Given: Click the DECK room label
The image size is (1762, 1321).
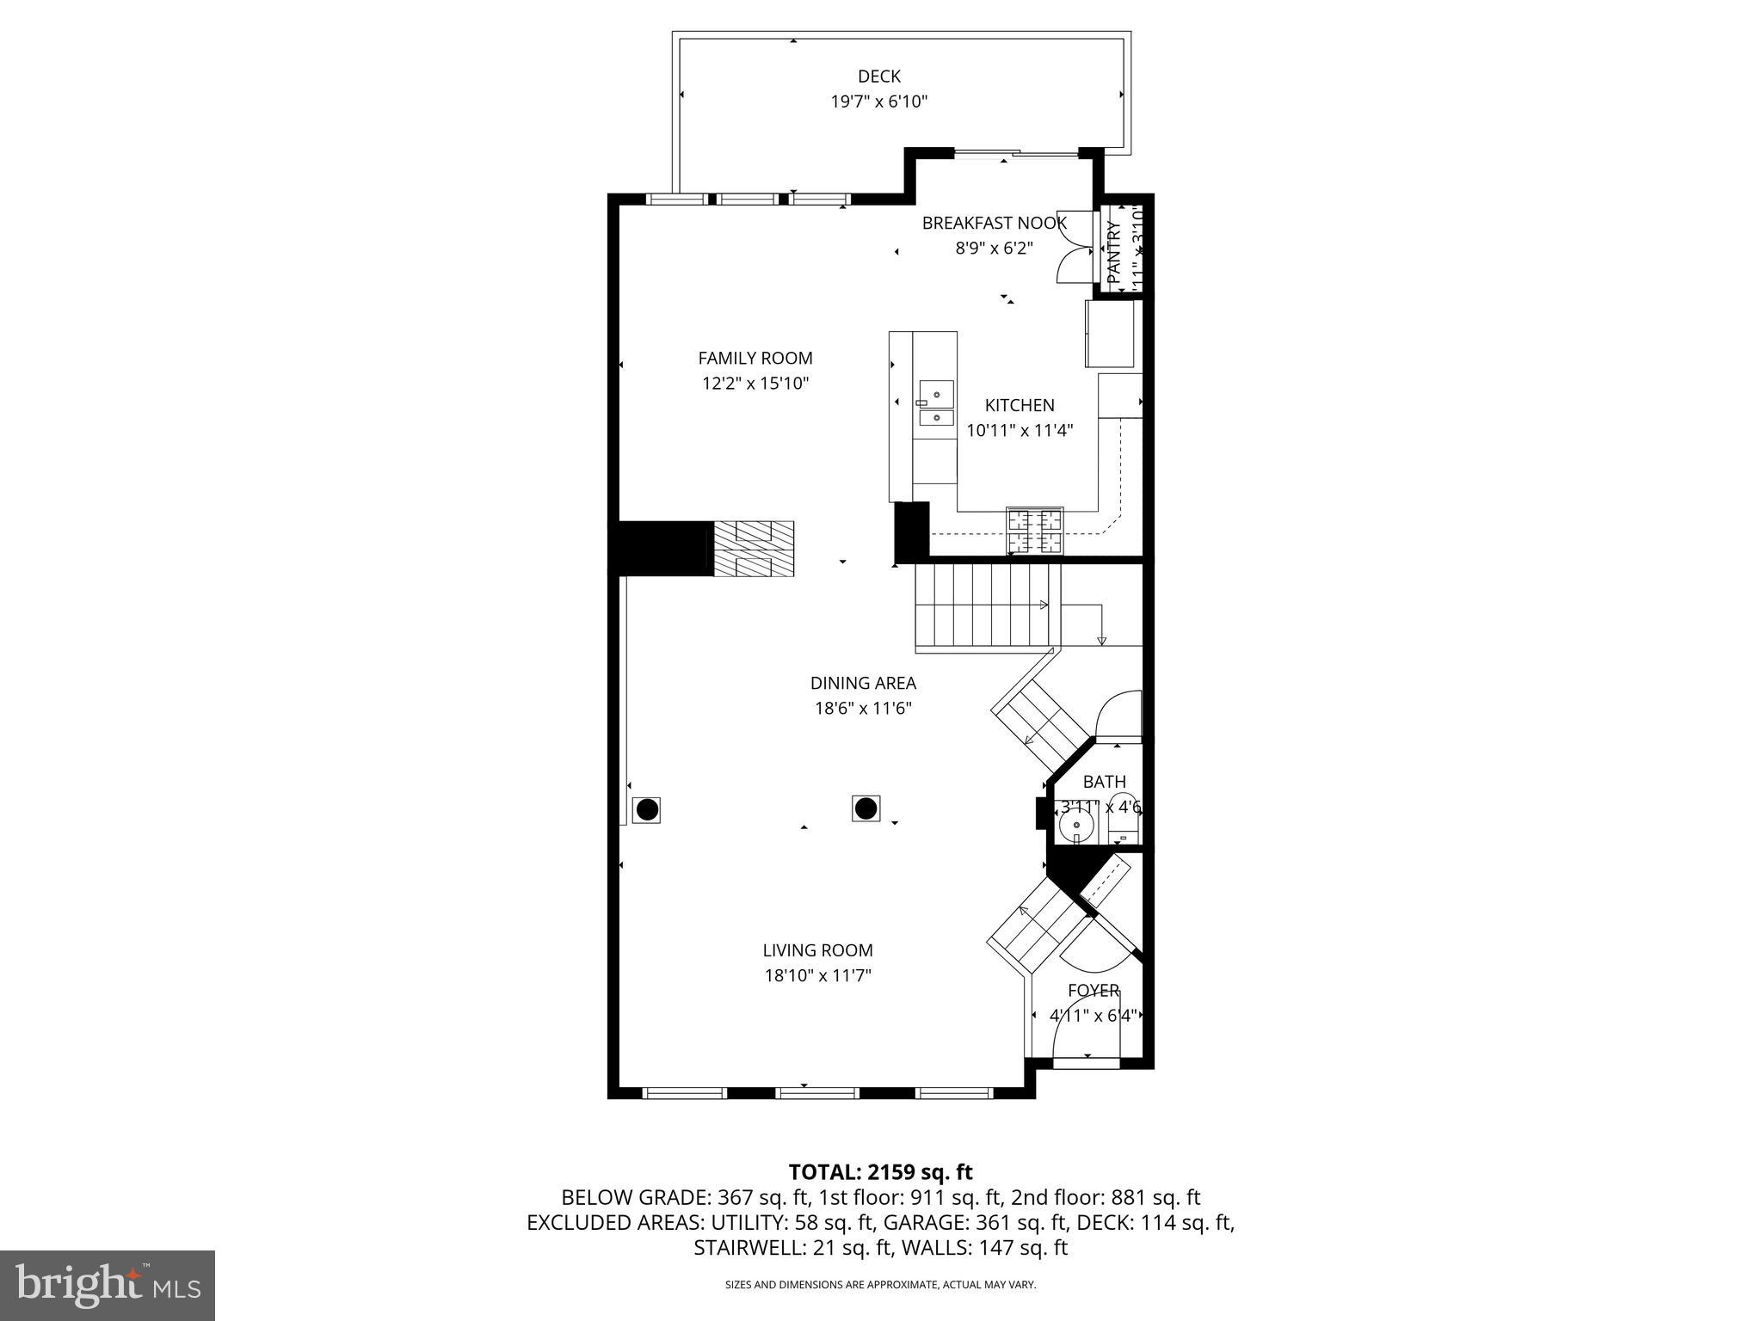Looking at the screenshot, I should [878, 77].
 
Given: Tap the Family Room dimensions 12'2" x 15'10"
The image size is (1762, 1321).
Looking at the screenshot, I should [755, 384].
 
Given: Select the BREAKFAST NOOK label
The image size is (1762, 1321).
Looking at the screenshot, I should [994, 224].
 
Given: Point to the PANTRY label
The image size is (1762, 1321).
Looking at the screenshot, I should [1114, 253].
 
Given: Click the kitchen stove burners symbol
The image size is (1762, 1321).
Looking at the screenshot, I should [1035, 531].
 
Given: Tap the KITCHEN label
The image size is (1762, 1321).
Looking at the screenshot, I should [1020, 405].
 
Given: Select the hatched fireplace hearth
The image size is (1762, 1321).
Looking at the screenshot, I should [753, 549].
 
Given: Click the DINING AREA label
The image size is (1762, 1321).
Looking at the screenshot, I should [863, 683].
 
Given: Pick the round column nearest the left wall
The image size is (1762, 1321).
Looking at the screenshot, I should [646, 809].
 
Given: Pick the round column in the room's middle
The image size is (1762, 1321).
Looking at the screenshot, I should [866, 808].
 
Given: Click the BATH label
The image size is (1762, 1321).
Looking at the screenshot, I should [1104, 782].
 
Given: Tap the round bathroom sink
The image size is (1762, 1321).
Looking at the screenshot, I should [1076, 826].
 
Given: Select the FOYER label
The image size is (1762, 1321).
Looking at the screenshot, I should [1094, 990].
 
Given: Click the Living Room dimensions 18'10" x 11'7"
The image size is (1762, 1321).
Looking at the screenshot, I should [817, 975].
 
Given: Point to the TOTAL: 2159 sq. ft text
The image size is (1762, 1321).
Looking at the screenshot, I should [880, 1171].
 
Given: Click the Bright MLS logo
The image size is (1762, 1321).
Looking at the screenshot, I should [108, 1285].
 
